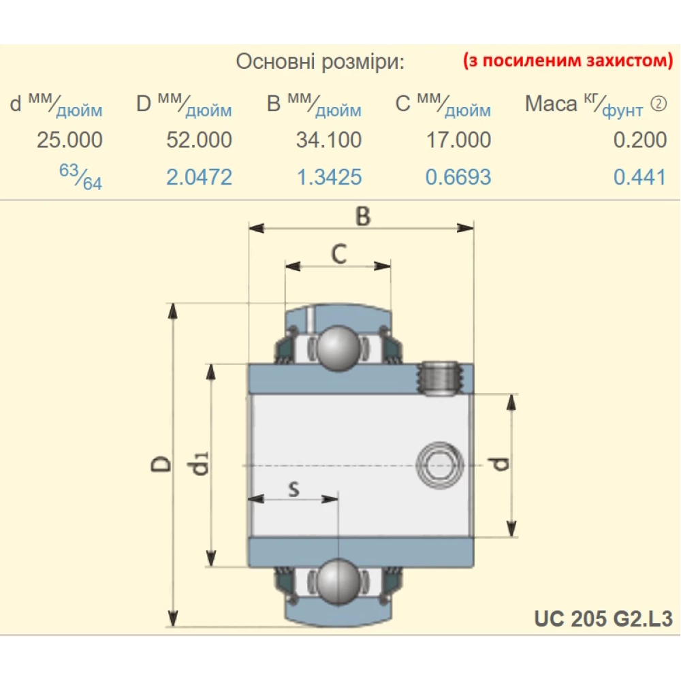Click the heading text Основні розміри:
320,62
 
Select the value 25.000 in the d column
69,140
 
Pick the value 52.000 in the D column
199,140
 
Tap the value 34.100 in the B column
328,140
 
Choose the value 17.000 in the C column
458,140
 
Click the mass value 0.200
639,140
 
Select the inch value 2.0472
199,178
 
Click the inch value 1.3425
328,178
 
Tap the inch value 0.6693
458,178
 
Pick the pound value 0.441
639,178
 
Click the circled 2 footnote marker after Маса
659,104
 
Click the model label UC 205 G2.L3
603,618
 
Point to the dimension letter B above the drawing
363,217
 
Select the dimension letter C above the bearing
339,253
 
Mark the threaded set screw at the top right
437,377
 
